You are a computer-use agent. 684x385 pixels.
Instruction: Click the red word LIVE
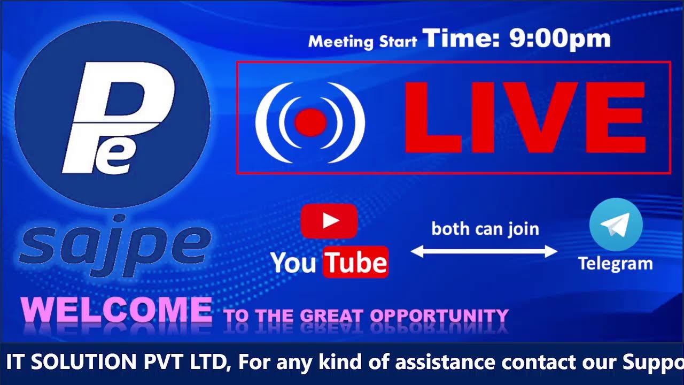(x=525, y=118)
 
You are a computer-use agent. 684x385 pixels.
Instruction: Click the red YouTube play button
(x=329, y=220)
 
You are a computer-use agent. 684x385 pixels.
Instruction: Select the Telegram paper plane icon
(x=616, y=225)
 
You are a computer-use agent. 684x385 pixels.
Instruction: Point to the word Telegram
(x=615, y=263)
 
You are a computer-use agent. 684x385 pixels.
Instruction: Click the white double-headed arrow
(x=484, y=251)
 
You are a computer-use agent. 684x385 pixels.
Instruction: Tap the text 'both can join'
(x=485, y=229)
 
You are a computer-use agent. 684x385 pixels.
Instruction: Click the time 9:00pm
(x=559, y=39)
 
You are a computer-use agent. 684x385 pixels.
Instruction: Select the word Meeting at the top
(x=341, y=42)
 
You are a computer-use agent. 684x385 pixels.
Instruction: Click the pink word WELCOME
(x=116, y=310)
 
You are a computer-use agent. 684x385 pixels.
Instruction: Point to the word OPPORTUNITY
(x=439, y=315)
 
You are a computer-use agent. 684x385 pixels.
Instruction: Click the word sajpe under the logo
(x=115, y=245)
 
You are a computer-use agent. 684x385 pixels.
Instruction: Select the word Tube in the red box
(x=356, y=262)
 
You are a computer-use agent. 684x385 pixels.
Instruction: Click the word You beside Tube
(x=293, y=263)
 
